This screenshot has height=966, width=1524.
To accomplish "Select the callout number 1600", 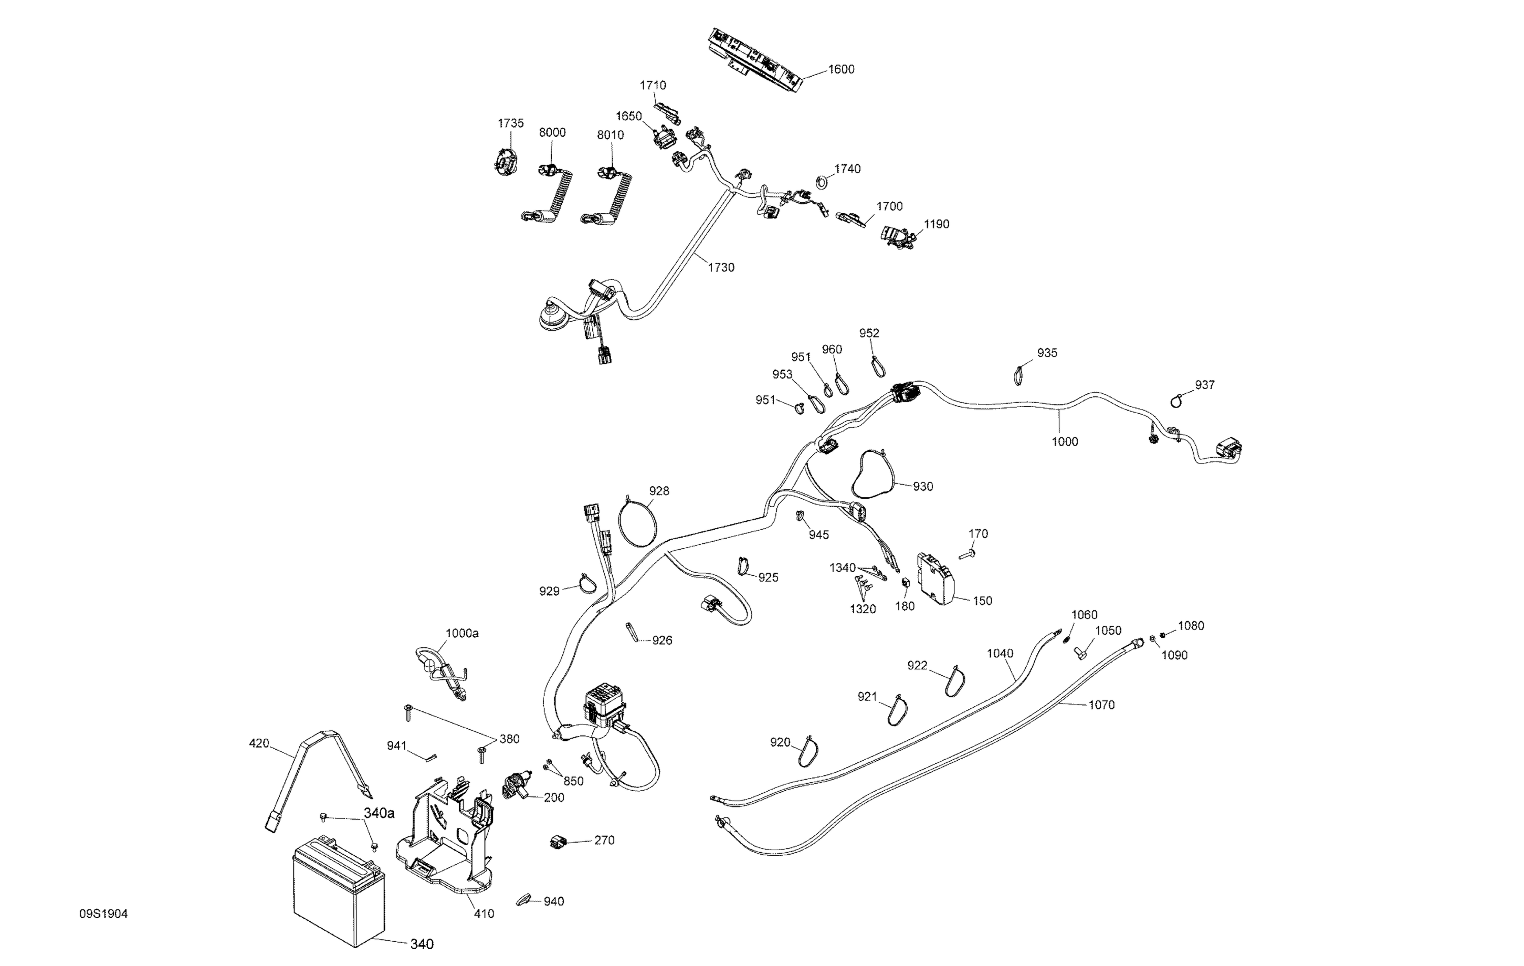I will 841,70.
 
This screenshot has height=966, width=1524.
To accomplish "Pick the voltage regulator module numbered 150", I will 938,577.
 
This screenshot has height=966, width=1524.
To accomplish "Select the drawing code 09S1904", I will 103,914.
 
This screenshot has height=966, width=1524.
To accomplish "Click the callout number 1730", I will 721,268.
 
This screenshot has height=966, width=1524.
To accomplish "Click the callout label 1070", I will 1101,705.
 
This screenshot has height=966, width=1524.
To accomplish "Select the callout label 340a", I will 378,814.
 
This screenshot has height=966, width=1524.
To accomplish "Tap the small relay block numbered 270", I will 558,842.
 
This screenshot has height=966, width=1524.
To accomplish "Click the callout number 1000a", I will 462,633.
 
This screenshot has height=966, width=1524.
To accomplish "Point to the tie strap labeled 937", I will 1177,400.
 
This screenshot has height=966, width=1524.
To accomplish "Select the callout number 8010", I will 610,135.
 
